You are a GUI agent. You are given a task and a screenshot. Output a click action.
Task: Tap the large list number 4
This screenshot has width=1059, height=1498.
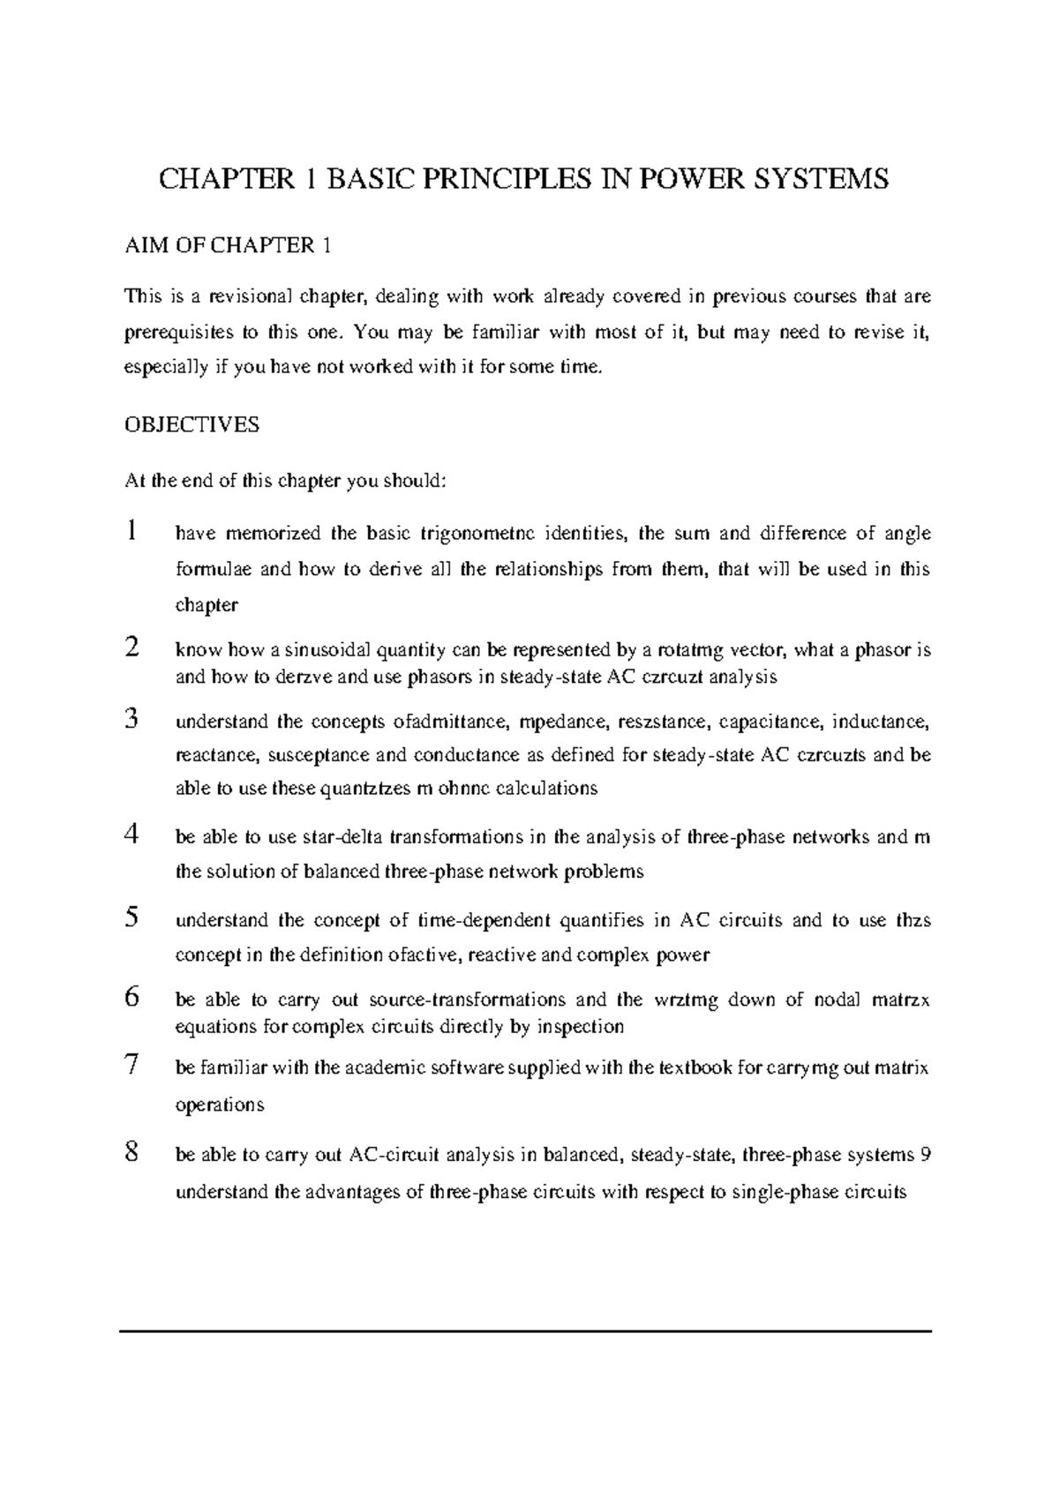(x=131, y=835)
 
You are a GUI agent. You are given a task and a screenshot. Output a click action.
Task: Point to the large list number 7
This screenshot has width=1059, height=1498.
(x=131, y=1066)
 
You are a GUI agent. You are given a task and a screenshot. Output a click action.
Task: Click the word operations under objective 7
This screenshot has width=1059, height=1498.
(x=220, y=1105)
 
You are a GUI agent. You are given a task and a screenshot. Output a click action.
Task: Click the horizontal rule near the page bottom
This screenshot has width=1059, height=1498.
(x=526, y=1330)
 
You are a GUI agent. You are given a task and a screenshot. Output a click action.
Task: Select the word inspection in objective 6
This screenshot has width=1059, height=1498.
(x=580, y=1027)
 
